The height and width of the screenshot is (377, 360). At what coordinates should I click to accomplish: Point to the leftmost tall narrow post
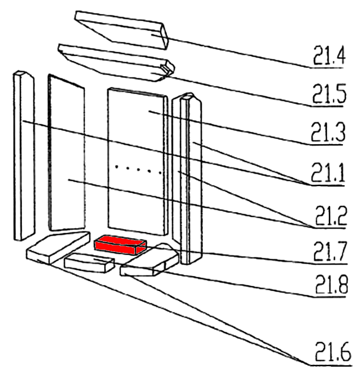(24, 155)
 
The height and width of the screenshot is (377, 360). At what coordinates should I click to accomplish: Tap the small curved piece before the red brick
(88, 263)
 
